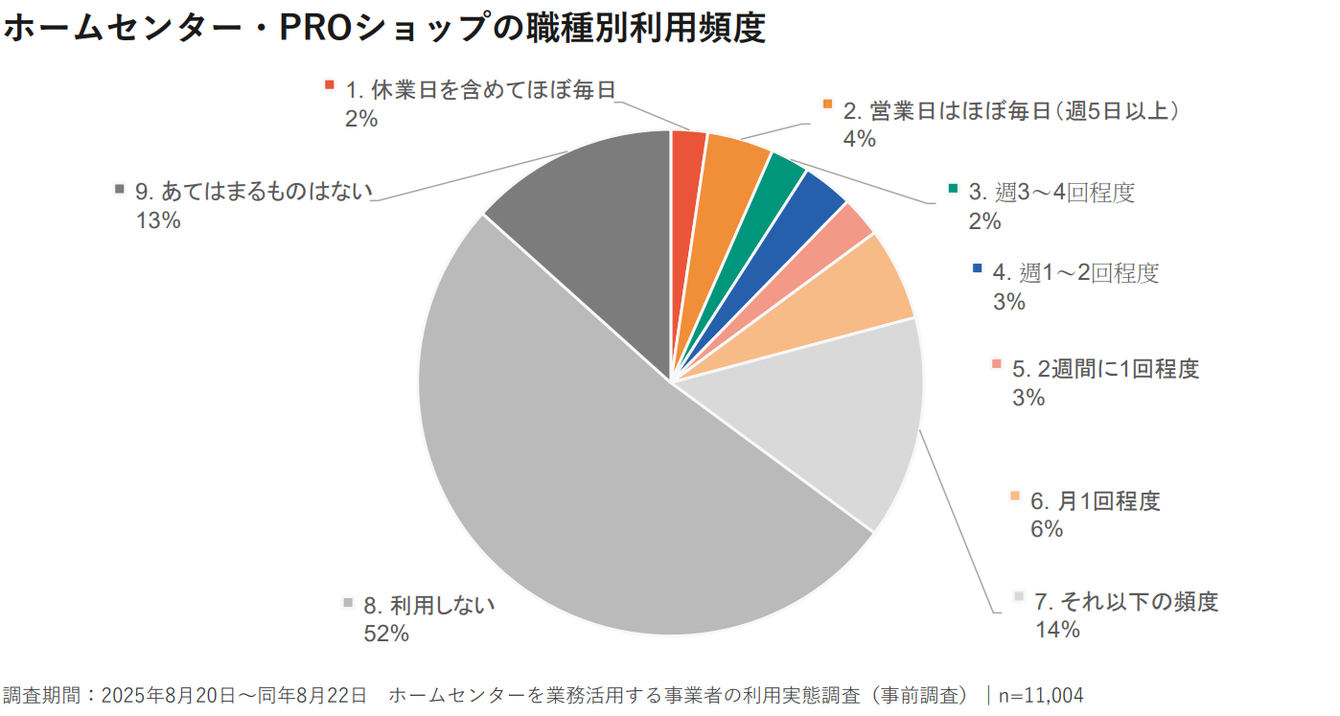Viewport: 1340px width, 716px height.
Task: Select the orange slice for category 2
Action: click(728, 182)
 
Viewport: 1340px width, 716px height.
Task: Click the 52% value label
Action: click(386, 634)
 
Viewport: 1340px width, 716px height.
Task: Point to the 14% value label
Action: click(1057, 630)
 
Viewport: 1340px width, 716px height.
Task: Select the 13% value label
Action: click(158, 219)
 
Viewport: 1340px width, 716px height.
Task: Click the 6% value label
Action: click(1047, 528)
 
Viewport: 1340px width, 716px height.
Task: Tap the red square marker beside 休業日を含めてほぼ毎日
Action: click(330, 84)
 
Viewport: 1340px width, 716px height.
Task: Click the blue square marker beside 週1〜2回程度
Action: click(977, 268)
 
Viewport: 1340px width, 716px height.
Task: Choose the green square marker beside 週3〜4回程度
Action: click(953, 188)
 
